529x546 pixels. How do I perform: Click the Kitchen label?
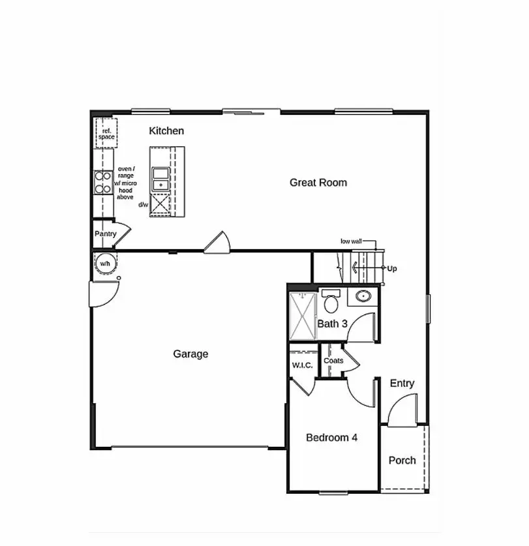tap(166, 131)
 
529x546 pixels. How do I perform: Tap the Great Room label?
tap(318, 183)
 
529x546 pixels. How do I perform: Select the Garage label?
tap(190, 354)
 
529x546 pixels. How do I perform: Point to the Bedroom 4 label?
tap(331, 438)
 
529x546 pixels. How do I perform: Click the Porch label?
tap(402, 461)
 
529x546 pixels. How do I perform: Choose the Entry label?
tap(402, 384)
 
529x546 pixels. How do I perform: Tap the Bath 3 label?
tap(332, 324)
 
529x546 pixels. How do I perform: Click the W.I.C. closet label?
tap(302, 365)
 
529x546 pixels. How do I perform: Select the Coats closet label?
tap(333, 361)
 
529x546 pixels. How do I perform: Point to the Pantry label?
tap(105, 234)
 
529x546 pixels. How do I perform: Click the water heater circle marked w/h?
tap(104, 264)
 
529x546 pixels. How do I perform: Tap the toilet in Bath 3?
tap(331, 301)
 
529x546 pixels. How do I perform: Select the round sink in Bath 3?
tap(363, 297)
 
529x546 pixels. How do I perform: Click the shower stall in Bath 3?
tap(303, 316)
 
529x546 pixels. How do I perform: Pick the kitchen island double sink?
tap(160, 178)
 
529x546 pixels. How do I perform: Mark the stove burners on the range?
tap(102, 182)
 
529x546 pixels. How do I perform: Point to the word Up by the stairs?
tap(391, 268)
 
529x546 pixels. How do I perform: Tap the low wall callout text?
tap(351, 241)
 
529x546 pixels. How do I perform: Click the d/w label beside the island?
tap(143, 205)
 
